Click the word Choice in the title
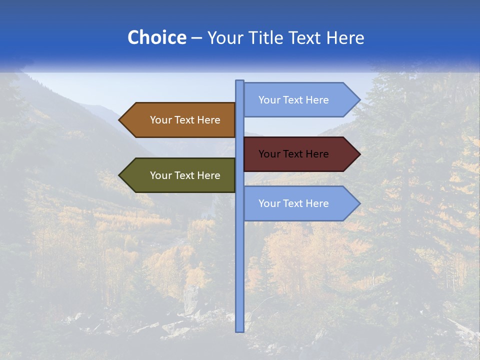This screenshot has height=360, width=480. point(156,37)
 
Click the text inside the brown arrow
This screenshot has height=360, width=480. point(185,120)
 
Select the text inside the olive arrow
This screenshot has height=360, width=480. point(185,175)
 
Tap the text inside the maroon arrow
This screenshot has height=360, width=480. point(293,154)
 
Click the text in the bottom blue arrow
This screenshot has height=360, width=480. point(293,203)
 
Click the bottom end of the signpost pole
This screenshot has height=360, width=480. point(239,329)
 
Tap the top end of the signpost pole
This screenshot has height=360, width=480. point(239,82)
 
